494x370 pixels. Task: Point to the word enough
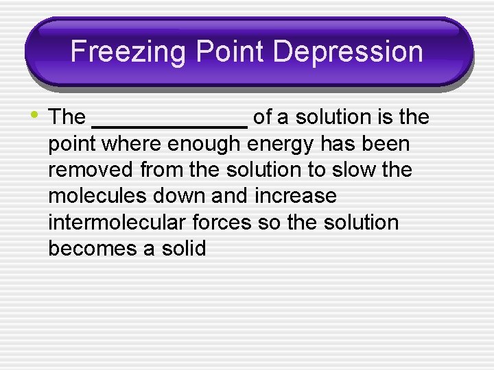click(x=204, y=144)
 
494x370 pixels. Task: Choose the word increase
click(x=296, y=196)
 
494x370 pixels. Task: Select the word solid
click(x=184, y=248)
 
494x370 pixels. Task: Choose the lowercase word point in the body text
click(x=70, y=145)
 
